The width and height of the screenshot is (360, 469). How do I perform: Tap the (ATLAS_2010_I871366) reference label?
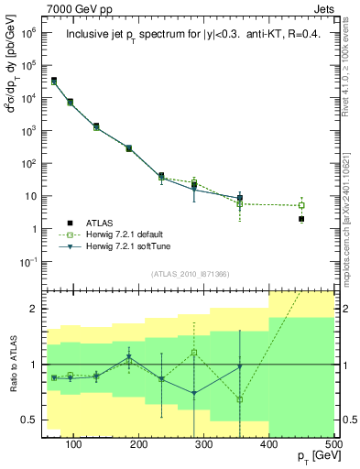[189, 274]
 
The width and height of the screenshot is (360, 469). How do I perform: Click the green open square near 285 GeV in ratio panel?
[193, 353]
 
